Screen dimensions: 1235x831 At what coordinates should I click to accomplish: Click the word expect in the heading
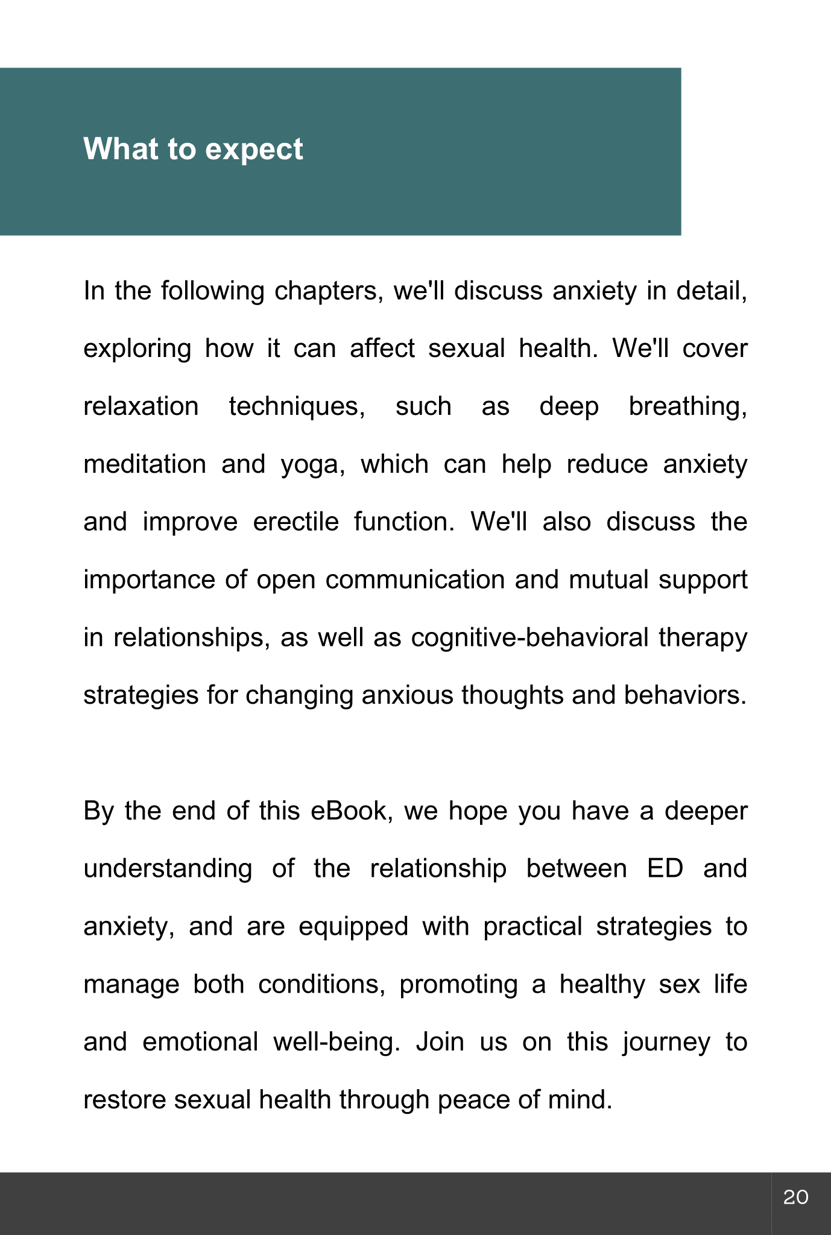pyautogui.click(x=254, y=149)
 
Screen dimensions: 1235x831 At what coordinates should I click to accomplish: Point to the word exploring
pyautogui.click(x=137, y=349)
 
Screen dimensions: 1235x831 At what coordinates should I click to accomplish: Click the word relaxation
pyautogui.click(x=141, y=406)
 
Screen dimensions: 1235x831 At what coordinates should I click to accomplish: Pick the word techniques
pyautogui.click(x=297, y=407)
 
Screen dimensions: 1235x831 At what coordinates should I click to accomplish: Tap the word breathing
pyautogui.click(x=687, y=407)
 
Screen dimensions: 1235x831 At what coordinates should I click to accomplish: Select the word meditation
pyautogui.click(x=145, y=464)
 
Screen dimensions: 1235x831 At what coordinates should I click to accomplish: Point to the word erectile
pyautogui.click(x=296, y=522)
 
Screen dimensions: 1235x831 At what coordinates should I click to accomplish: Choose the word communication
pyautogui.click(x=415, y=580)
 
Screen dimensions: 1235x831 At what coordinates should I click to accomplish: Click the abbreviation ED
pyautogui.click(x=665, y=869)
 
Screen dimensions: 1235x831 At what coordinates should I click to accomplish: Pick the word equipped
pyautogui.click(x=353, y=927)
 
